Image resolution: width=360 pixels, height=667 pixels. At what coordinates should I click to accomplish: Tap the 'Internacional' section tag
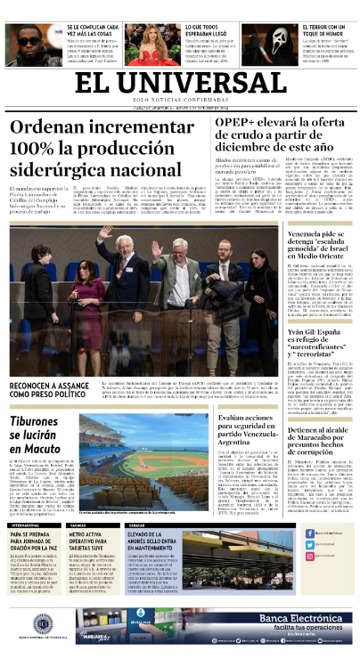25,525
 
